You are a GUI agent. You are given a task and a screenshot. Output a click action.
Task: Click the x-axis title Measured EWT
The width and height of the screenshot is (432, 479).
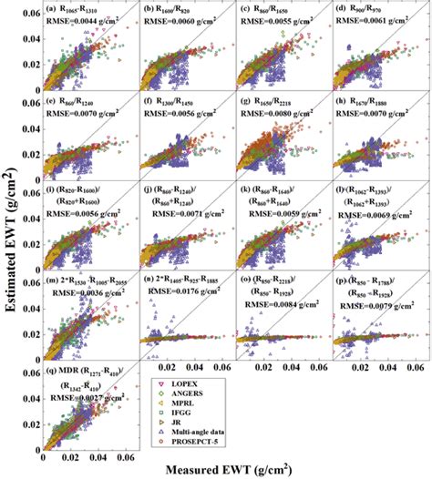tap(245, 470)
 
